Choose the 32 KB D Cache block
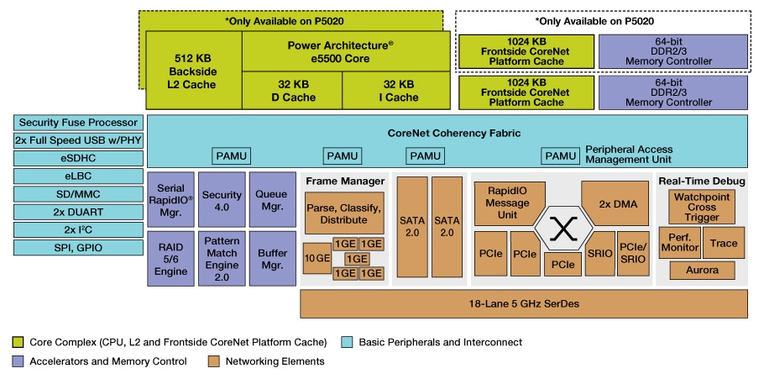pos(291,91)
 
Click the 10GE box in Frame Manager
pos(317,259)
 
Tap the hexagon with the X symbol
pos(565,227)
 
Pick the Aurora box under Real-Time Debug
pos(702,270)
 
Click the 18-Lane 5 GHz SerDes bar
pos(523,303)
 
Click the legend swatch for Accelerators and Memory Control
pos(18,361)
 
